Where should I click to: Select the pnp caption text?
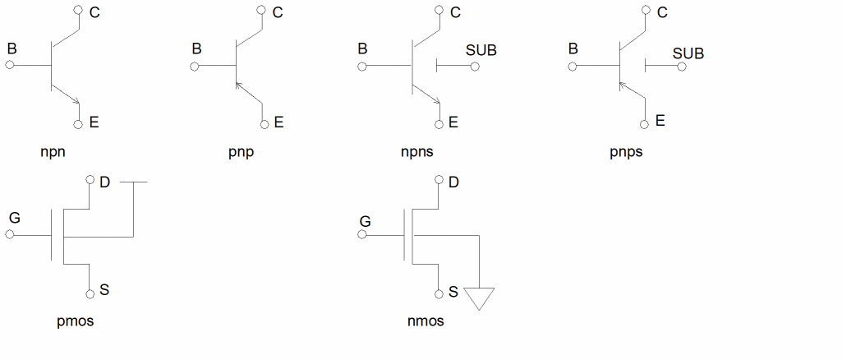[x=242, y=153]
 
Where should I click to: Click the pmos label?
[x=75, y=321]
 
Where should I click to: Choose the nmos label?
[x=426, y=321]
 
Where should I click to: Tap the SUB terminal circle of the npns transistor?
[x=475, y=66]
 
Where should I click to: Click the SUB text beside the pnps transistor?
[x=688, y=54]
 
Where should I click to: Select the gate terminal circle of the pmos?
[x=10, y=234]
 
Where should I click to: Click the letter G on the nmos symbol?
[x=366, y=221]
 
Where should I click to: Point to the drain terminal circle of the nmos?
[x=439, y=181]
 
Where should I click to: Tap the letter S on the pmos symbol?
[x=104, y=290]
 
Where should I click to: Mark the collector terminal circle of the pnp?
[x=262, y=11]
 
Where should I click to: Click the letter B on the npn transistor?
[x=12, y=48]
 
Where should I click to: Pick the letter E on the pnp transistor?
[x=278, y=122]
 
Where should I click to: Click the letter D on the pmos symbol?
[x=105, y=182]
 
